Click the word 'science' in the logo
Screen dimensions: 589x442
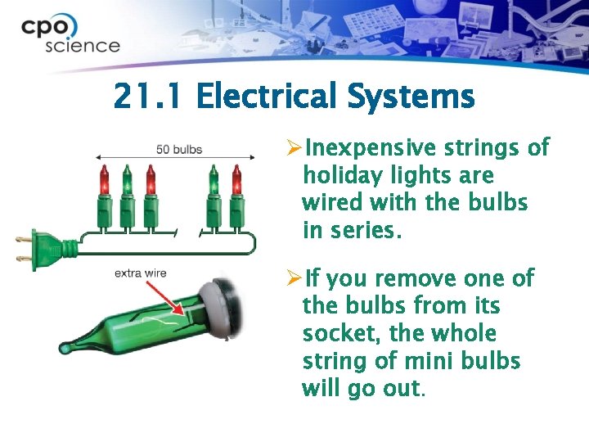83,46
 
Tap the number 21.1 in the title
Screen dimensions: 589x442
147,96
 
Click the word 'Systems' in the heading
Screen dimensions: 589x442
411,97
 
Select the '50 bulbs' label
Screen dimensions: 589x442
179,149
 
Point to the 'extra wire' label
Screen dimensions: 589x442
141,273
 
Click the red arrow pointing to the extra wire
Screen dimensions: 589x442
164,298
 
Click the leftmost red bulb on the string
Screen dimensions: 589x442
104,179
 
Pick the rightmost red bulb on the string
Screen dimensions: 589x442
236,179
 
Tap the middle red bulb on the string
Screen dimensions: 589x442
151,179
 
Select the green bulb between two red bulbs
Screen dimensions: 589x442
127,179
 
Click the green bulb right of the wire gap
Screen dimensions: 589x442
214,179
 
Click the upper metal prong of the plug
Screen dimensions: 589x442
23,239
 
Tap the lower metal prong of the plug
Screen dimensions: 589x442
23,258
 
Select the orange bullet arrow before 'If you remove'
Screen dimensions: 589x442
294,277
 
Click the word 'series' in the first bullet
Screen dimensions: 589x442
362,230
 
